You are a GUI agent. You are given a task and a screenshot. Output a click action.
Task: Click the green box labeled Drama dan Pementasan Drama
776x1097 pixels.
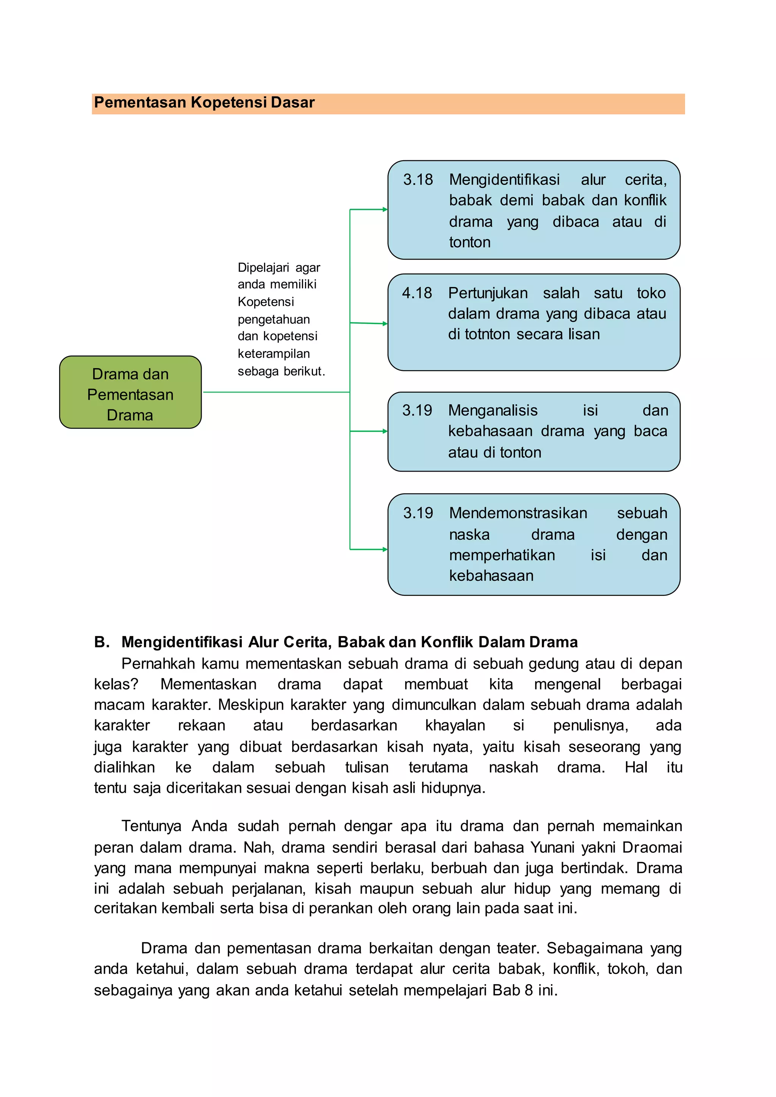[130, 392]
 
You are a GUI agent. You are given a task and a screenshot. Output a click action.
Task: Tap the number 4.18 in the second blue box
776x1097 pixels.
[417, 293]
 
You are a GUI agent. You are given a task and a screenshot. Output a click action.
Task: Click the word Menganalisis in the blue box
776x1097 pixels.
[493, 410]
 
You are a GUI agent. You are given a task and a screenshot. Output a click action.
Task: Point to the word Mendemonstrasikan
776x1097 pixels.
[518, 513]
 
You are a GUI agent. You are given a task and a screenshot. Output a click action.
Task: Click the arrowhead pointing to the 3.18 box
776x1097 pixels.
[385, 209]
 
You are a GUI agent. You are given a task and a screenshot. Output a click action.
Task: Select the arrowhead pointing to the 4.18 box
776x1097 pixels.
[385, 324]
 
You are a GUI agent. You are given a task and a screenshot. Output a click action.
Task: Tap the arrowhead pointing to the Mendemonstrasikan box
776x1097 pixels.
[385, 550]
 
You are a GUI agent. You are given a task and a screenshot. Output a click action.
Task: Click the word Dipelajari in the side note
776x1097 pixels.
[263, 267]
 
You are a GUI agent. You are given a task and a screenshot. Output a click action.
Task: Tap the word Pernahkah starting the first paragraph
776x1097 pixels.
[158, 664]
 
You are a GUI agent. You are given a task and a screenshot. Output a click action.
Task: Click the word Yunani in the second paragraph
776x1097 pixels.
[552, 847]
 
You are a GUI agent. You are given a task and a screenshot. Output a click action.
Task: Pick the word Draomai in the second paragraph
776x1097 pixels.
[652, 847]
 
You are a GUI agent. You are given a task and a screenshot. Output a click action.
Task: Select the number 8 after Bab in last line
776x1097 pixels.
[529, 990]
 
